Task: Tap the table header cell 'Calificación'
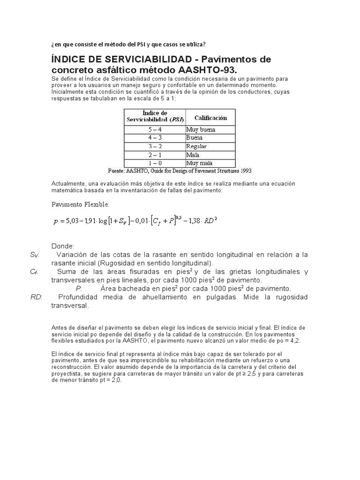pyautogui.click(x=210, y=118)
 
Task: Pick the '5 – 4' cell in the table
pyautogui.click(x=155, y=129)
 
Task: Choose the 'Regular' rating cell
pyautogui.click(x=196, y=146)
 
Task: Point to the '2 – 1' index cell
pyautogui.click(x=155, y=155)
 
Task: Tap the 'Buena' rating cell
pyautogui.click(x=195, y=138)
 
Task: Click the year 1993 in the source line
pyautogui.click(x=244, y=171)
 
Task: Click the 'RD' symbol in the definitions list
pyautogui.click(x=36, y=297)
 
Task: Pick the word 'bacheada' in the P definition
pyautogui.click(x=130, y=288)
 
